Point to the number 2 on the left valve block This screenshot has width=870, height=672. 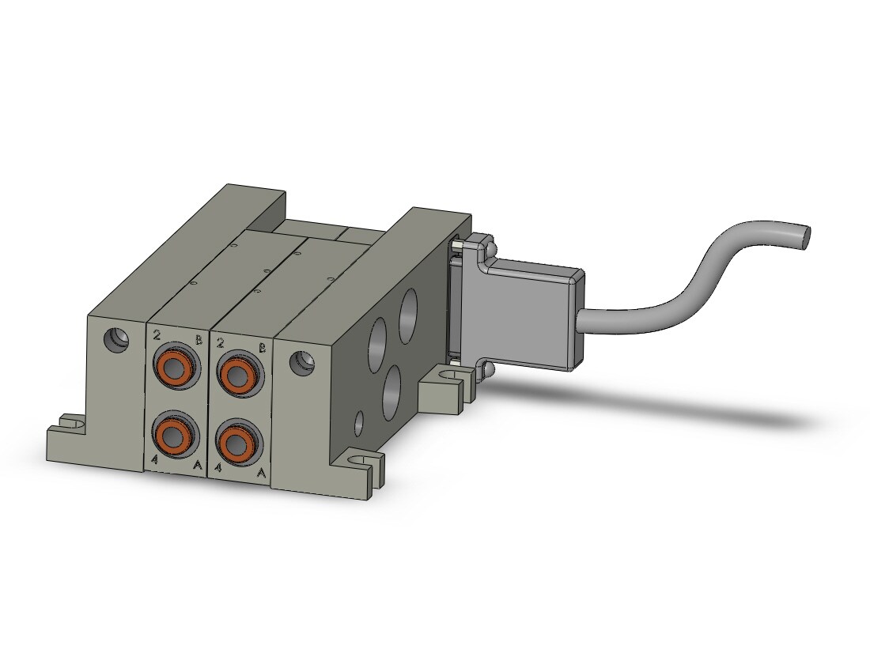pos(157,336)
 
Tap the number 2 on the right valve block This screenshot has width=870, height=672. pos(221,342)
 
